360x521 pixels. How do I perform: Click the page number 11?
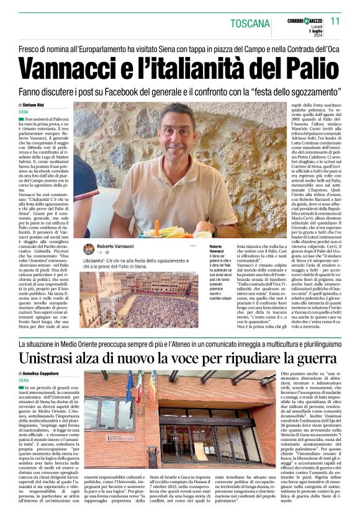335,21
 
